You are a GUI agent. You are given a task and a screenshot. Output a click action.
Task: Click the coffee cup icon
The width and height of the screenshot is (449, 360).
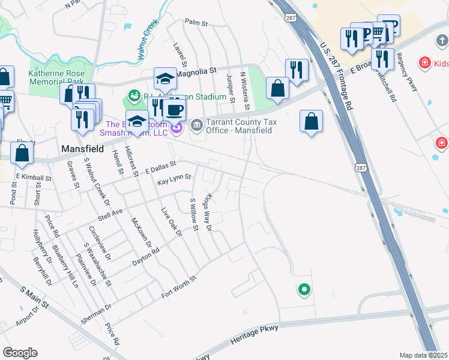174,110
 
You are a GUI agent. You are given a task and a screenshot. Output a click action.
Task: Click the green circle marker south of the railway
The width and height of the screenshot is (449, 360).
304,290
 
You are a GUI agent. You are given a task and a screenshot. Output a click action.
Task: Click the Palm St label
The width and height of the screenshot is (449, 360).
196,23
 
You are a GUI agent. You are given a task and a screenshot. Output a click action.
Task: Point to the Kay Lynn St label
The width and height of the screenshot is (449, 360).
173,178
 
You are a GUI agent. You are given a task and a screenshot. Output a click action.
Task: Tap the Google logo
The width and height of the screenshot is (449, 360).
20,353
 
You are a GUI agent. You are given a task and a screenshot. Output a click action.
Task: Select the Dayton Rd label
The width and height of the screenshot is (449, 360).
145,254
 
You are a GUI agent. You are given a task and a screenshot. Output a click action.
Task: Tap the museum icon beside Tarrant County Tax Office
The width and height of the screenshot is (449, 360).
196,125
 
